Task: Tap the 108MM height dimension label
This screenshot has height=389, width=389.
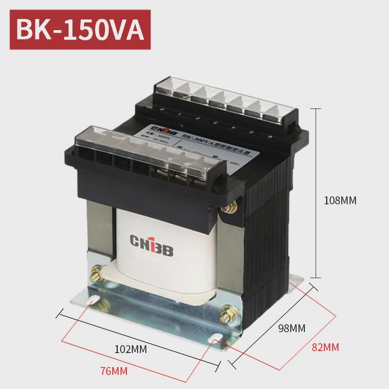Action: (x=340, y=200)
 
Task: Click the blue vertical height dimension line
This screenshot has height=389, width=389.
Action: (x=317, y=194)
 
